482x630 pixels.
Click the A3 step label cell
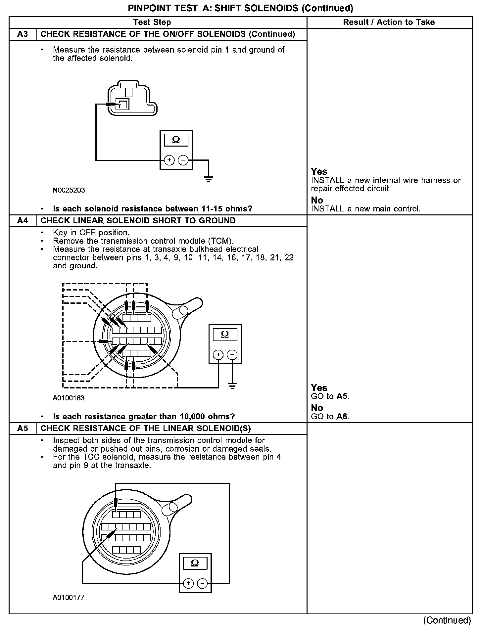[x=23, y=34]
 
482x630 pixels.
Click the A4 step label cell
[x=23, y=221]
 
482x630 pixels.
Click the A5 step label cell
[x=23, y=428]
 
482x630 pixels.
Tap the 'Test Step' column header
[x=152, y=22]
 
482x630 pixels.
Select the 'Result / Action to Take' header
[x=389, y=22]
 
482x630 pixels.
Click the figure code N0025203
[x=69, y=190]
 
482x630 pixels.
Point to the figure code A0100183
[x=69, y=398]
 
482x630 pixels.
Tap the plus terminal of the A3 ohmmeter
[x=169, y=160]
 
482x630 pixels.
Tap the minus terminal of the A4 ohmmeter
[x=232, y=355]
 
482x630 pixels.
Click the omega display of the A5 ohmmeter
[x=195, y=563]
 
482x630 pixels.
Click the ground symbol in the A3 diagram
[x=209, y=180]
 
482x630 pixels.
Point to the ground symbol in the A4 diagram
[x=232, y=386]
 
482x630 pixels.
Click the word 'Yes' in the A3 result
[x=319, y=172]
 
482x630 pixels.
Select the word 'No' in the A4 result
[x=317, y=408]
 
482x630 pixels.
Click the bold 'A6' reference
[x=342, y=416]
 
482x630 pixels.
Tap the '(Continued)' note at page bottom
[x=447, y=620]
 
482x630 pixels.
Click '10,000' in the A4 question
[x=191, y=416]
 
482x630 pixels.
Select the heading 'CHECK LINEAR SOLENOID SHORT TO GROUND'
[x=138, y=221]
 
